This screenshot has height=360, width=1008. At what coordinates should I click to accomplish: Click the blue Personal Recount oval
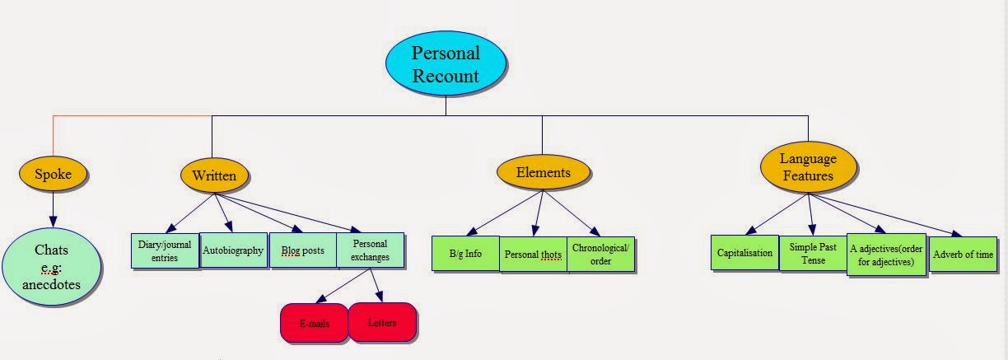[446, 65]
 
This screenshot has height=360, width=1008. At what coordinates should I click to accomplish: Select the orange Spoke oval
[54, 175]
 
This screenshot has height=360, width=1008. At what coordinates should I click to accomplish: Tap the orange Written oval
[214, 175]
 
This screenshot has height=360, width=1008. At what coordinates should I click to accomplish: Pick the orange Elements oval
[543, 172]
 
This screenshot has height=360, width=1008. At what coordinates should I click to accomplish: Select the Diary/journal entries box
[166, 250]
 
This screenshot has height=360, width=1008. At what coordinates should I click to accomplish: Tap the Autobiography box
[233, 250]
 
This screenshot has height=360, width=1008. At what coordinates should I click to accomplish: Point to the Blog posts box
[302, 250]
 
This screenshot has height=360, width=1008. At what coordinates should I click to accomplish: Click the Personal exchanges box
[371, 250]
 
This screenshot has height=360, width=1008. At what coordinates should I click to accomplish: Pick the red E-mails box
[314, 323]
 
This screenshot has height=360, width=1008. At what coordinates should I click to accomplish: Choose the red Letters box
[382, 322]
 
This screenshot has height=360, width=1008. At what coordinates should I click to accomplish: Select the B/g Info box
[465, 254]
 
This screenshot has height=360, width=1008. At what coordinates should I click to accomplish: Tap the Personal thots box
[533, 255]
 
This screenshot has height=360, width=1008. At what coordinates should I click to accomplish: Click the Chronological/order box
[601, 254]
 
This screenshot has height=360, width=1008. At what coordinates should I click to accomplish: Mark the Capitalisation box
[744, 252]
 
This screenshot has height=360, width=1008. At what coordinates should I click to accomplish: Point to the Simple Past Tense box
[813, 252]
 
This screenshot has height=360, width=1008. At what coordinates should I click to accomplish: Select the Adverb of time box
[963, 255]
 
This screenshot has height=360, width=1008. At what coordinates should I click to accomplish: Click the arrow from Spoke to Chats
[54, 208]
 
